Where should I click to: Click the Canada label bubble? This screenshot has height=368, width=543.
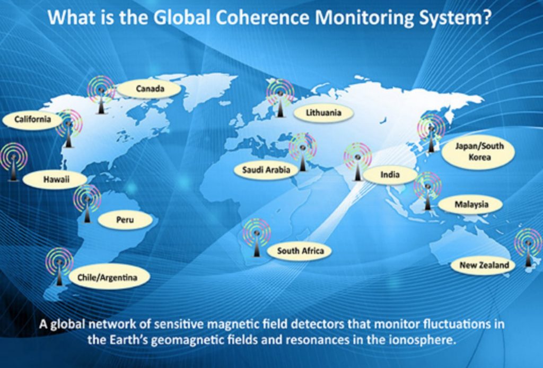click(149, 89)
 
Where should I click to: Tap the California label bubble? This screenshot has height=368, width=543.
click(33, 119)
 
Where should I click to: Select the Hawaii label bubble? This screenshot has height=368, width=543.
click(55, 179)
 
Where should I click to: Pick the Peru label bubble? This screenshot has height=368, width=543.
click(125, 220)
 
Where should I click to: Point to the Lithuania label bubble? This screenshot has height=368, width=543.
click(323, 112)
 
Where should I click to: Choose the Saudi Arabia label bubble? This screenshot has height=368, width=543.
click(266, 170)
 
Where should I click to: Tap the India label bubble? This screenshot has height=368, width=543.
click(390, 174)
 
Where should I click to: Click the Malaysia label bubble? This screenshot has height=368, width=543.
click(471, 204)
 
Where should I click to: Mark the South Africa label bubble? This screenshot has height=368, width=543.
click(300, 251)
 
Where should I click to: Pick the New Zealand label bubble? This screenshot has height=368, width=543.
click(484, 265)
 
